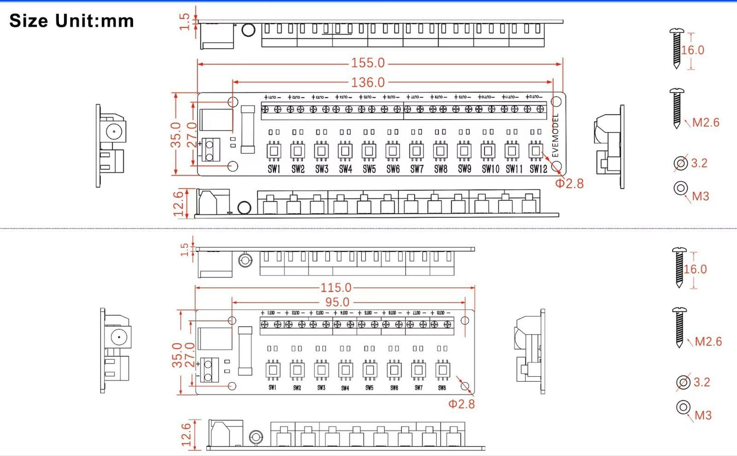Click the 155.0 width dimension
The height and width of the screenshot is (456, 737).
[368, 63]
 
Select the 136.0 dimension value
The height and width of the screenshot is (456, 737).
[368, 82]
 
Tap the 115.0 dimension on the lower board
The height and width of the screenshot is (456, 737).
[336, 287]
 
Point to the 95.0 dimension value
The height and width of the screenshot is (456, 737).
[337, 302]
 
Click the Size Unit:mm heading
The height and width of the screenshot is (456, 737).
[72, 21]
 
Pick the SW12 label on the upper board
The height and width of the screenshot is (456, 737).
[538, 169]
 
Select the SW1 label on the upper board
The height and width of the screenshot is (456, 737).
[274, 169]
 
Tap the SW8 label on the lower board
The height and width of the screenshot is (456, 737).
[442, 388]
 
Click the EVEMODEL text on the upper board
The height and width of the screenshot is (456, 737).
[556, 135]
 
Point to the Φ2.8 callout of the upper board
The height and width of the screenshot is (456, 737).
[569, 183]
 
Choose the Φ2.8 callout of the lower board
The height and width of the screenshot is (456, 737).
[461, 404]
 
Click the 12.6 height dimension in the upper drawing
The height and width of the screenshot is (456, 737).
[178, 204]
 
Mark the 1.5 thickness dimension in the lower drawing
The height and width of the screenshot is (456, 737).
[185, 249]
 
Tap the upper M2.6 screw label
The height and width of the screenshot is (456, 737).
[706, 122]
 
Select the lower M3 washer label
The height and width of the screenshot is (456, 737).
[703, 415]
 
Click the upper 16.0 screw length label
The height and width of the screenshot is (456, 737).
[693, 50]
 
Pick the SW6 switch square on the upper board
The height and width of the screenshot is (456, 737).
[393, 151]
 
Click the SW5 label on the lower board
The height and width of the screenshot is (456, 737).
[369, 388]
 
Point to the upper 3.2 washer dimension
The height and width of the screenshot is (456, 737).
[699, 163]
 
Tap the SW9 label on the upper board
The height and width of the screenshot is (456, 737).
[464, 169]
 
